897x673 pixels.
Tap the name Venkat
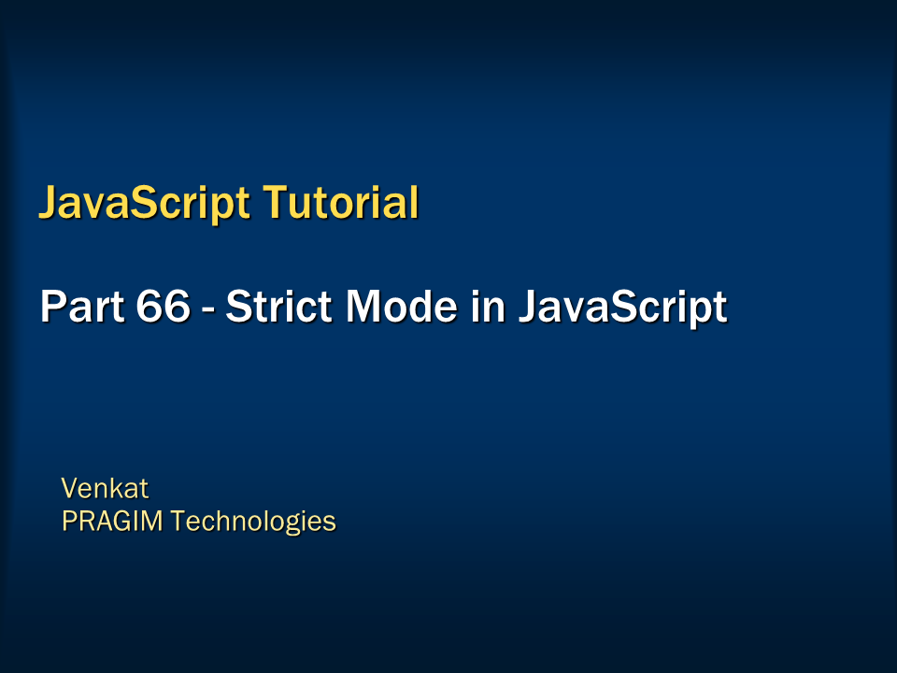point(105,488)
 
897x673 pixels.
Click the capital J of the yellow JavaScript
point(48,204)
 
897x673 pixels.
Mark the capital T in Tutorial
point(272,203)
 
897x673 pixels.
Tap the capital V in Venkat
point(69,488)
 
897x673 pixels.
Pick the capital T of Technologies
point(178,521)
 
